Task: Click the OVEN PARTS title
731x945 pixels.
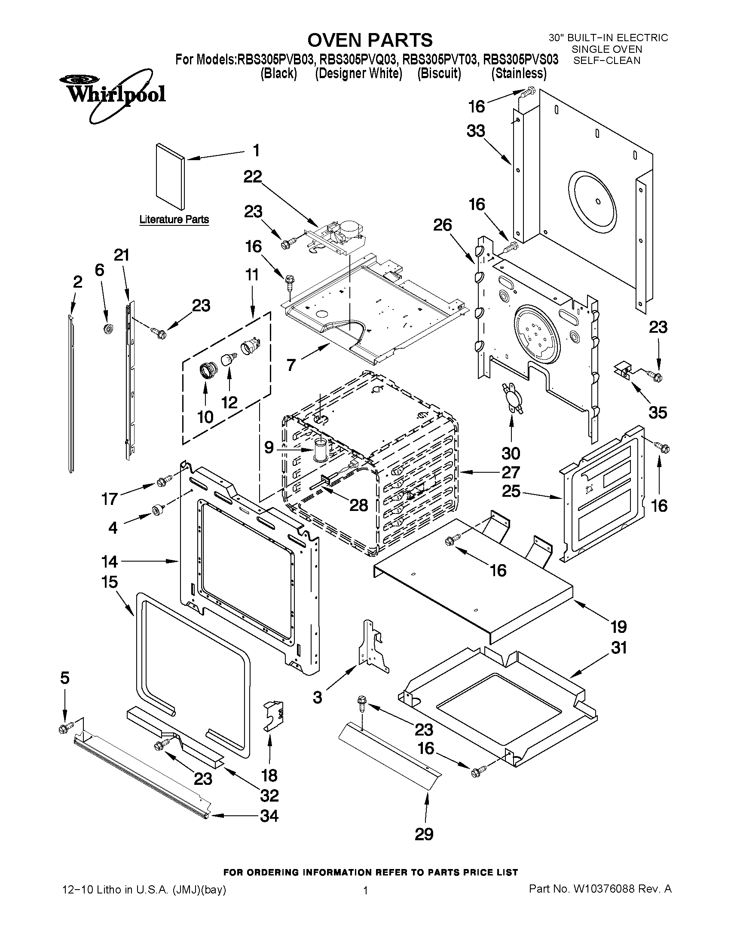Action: click(370, 40)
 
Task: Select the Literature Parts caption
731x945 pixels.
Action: click(174, 219)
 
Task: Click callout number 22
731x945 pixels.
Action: click(252, 177)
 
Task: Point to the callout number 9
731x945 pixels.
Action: click(269, 447)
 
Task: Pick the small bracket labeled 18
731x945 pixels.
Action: click(275, 717)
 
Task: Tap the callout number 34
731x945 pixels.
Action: click(269, 816)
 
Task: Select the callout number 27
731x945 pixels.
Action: click(511, 472)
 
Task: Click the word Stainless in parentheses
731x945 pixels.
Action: click(518, 73)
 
